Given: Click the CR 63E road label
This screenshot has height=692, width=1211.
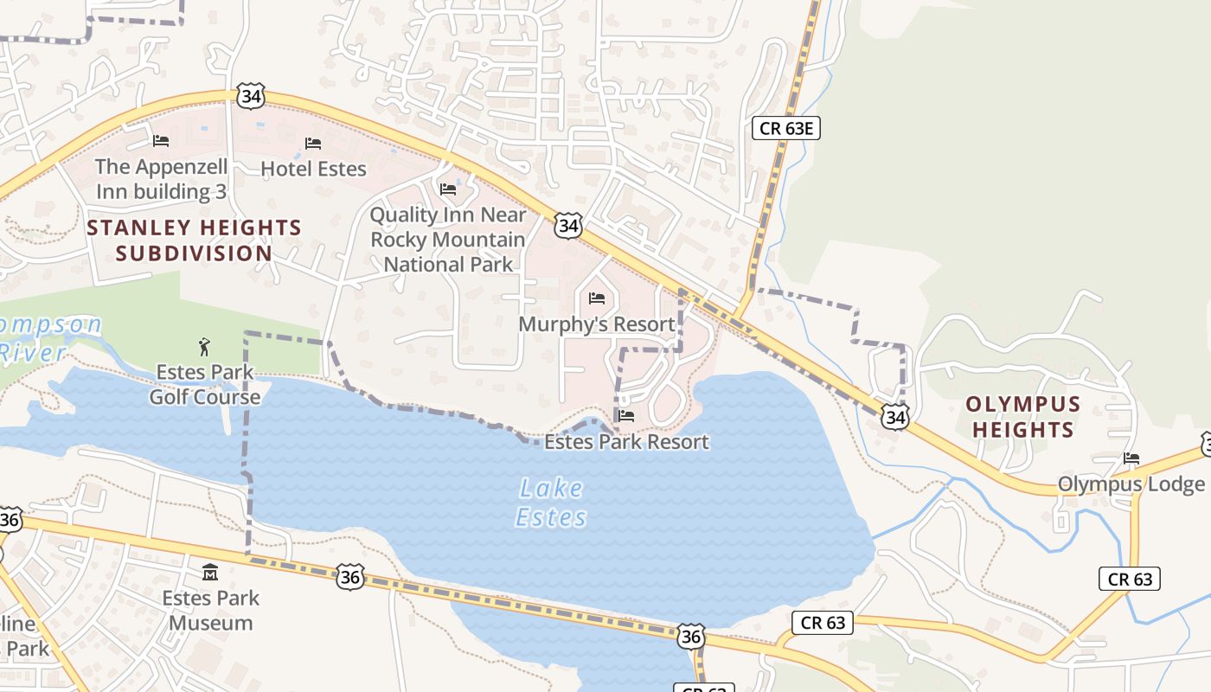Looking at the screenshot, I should (785, 129).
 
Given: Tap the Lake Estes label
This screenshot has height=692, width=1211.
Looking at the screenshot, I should (551, 503).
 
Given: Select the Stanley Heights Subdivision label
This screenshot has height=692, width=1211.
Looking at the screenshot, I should (194, 240).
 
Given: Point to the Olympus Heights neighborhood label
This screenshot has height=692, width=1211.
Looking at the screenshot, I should (1022, 416).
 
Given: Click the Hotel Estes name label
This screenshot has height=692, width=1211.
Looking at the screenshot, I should (313, 169).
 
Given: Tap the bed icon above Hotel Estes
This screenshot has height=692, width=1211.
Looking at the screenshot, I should (313, 143).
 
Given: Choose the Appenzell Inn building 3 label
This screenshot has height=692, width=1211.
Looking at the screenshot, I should (161, 179).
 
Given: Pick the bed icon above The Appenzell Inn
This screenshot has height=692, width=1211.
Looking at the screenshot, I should (161, 140).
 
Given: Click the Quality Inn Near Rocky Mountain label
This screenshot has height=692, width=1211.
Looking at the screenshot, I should (448, 240).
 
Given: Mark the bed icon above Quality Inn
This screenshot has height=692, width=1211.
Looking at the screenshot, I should (448, 189).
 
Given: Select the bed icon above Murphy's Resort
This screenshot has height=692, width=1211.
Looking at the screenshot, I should (597, 298).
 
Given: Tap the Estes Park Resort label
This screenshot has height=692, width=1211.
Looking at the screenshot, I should (626, 442).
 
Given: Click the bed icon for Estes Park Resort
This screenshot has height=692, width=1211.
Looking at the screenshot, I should (627, 416).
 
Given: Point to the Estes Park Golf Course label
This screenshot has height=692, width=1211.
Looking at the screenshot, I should (205, 384).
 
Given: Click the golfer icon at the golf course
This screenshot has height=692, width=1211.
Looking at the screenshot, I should (204, 347).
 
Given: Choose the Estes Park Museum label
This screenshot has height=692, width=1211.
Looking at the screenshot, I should (210, 610).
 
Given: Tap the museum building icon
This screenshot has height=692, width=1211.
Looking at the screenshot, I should (210, 573).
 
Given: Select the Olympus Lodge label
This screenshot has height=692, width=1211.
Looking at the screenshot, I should (1131, 484).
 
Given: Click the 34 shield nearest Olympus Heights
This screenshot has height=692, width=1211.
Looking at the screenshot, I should (895, 418).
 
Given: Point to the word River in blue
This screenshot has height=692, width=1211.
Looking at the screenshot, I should (32, 352).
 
